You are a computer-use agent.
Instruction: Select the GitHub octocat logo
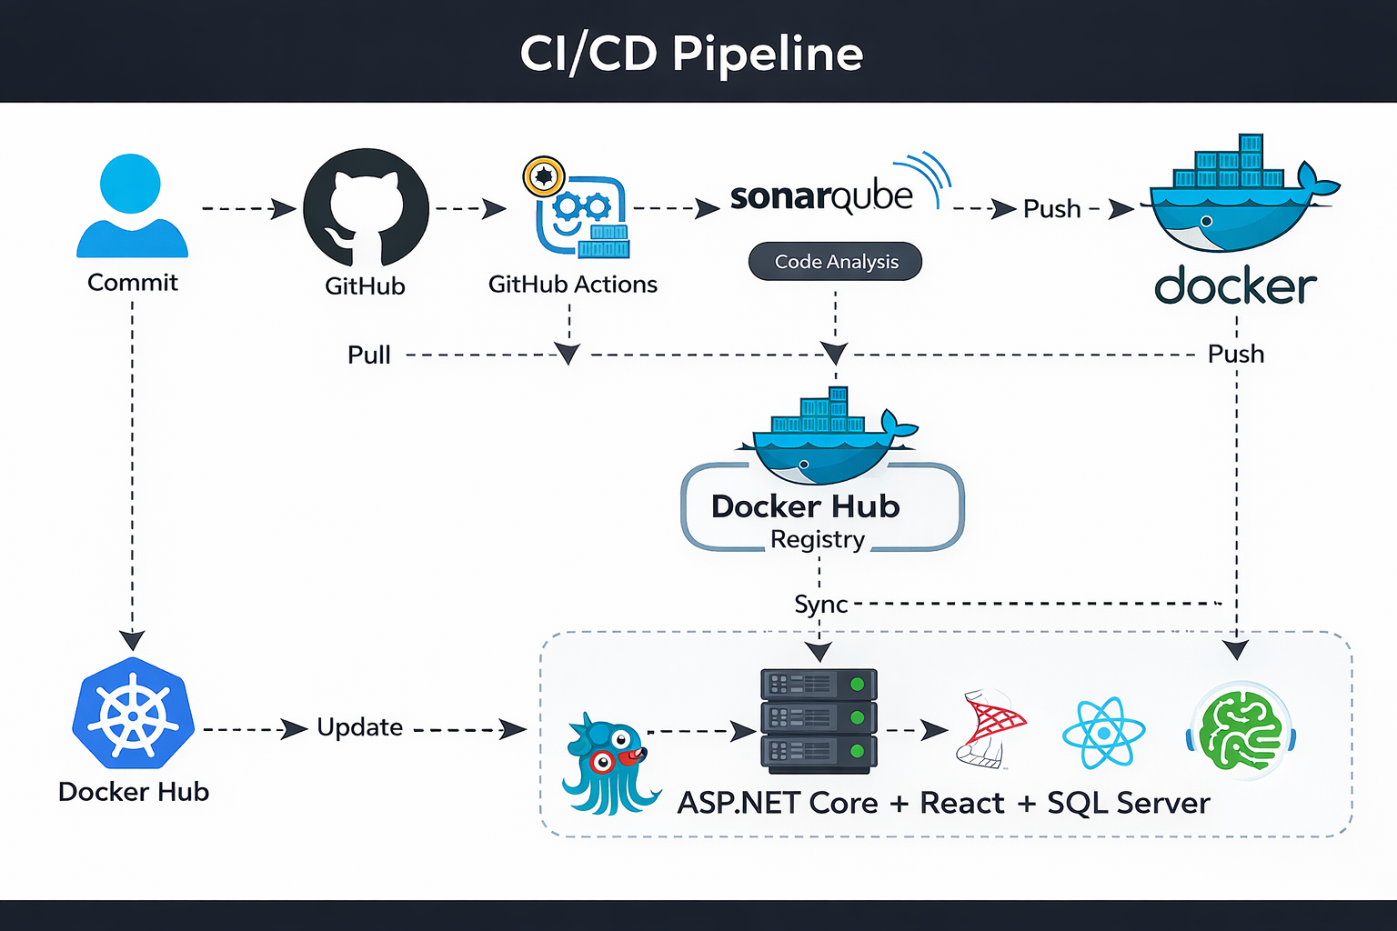point(366,209)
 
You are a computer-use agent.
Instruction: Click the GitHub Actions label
point(572,285)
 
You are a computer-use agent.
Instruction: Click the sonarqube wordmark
point(821,196)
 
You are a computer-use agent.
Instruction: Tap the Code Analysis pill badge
point(835,262)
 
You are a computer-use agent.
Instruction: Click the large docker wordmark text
point(1235,286)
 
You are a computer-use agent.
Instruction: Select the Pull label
point(369,355)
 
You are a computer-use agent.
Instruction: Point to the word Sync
point(820,605)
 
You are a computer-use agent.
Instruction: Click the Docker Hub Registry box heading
point(805,506)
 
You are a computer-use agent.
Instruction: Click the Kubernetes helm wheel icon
point(134,715)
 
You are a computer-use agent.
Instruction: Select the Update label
point(360,727)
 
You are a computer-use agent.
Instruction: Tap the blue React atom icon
point(1103,733)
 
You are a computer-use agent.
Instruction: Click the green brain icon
point(1241,731)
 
